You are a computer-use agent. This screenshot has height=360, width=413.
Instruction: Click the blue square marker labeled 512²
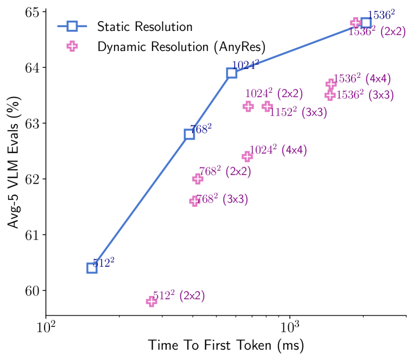point(92,268)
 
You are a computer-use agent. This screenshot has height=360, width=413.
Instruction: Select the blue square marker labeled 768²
point(189,134)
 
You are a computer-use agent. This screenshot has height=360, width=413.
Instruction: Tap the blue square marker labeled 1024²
point(232,73)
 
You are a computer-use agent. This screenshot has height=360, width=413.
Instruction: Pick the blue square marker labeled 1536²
point(366,23)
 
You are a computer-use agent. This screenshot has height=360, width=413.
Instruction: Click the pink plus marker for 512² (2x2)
point(151,301)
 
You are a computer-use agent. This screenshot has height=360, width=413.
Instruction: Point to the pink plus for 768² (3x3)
point(195,201)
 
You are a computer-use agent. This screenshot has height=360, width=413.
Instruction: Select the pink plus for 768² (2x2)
point(198,179)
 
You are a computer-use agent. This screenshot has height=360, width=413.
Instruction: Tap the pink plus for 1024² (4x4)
point(247,157)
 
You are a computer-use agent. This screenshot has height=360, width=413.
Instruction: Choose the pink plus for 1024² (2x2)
point(248,106)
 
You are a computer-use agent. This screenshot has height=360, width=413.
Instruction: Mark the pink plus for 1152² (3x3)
point(267,106)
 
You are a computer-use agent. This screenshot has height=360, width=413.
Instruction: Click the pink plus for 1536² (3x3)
point(330,95)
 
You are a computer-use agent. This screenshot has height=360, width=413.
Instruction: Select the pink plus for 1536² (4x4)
point(331,84)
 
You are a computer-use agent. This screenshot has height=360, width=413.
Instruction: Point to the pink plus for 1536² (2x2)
point(355,23)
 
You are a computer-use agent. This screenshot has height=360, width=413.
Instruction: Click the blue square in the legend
point(72,26)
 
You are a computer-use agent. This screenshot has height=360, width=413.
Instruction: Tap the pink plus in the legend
point(72,46)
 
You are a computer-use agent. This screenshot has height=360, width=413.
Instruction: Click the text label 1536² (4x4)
point(362,79)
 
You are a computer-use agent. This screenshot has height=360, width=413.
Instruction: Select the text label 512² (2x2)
point(179,296)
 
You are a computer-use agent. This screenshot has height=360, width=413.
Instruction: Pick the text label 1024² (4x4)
point(278,150)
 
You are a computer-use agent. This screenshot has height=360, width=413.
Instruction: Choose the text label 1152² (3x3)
point(298,113)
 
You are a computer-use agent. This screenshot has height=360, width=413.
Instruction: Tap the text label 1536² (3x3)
point(365,95)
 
